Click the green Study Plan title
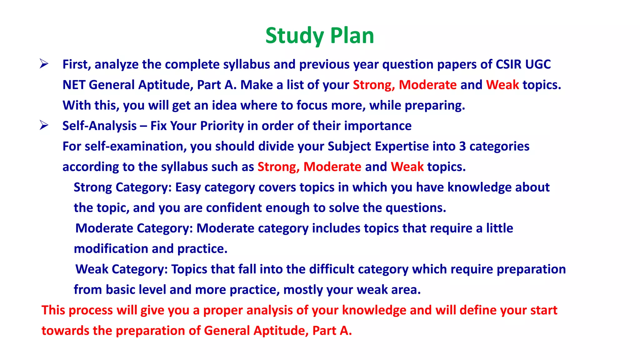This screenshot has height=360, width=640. tap(319, 36)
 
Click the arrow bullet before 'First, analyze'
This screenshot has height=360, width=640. tap(44, 64)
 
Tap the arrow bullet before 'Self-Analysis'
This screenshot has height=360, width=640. tap(44, 125)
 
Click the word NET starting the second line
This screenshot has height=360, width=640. tap(74, 85)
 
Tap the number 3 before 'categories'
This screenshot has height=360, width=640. tap(462, 146)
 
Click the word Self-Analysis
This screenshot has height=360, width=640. tap(99, 126)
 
